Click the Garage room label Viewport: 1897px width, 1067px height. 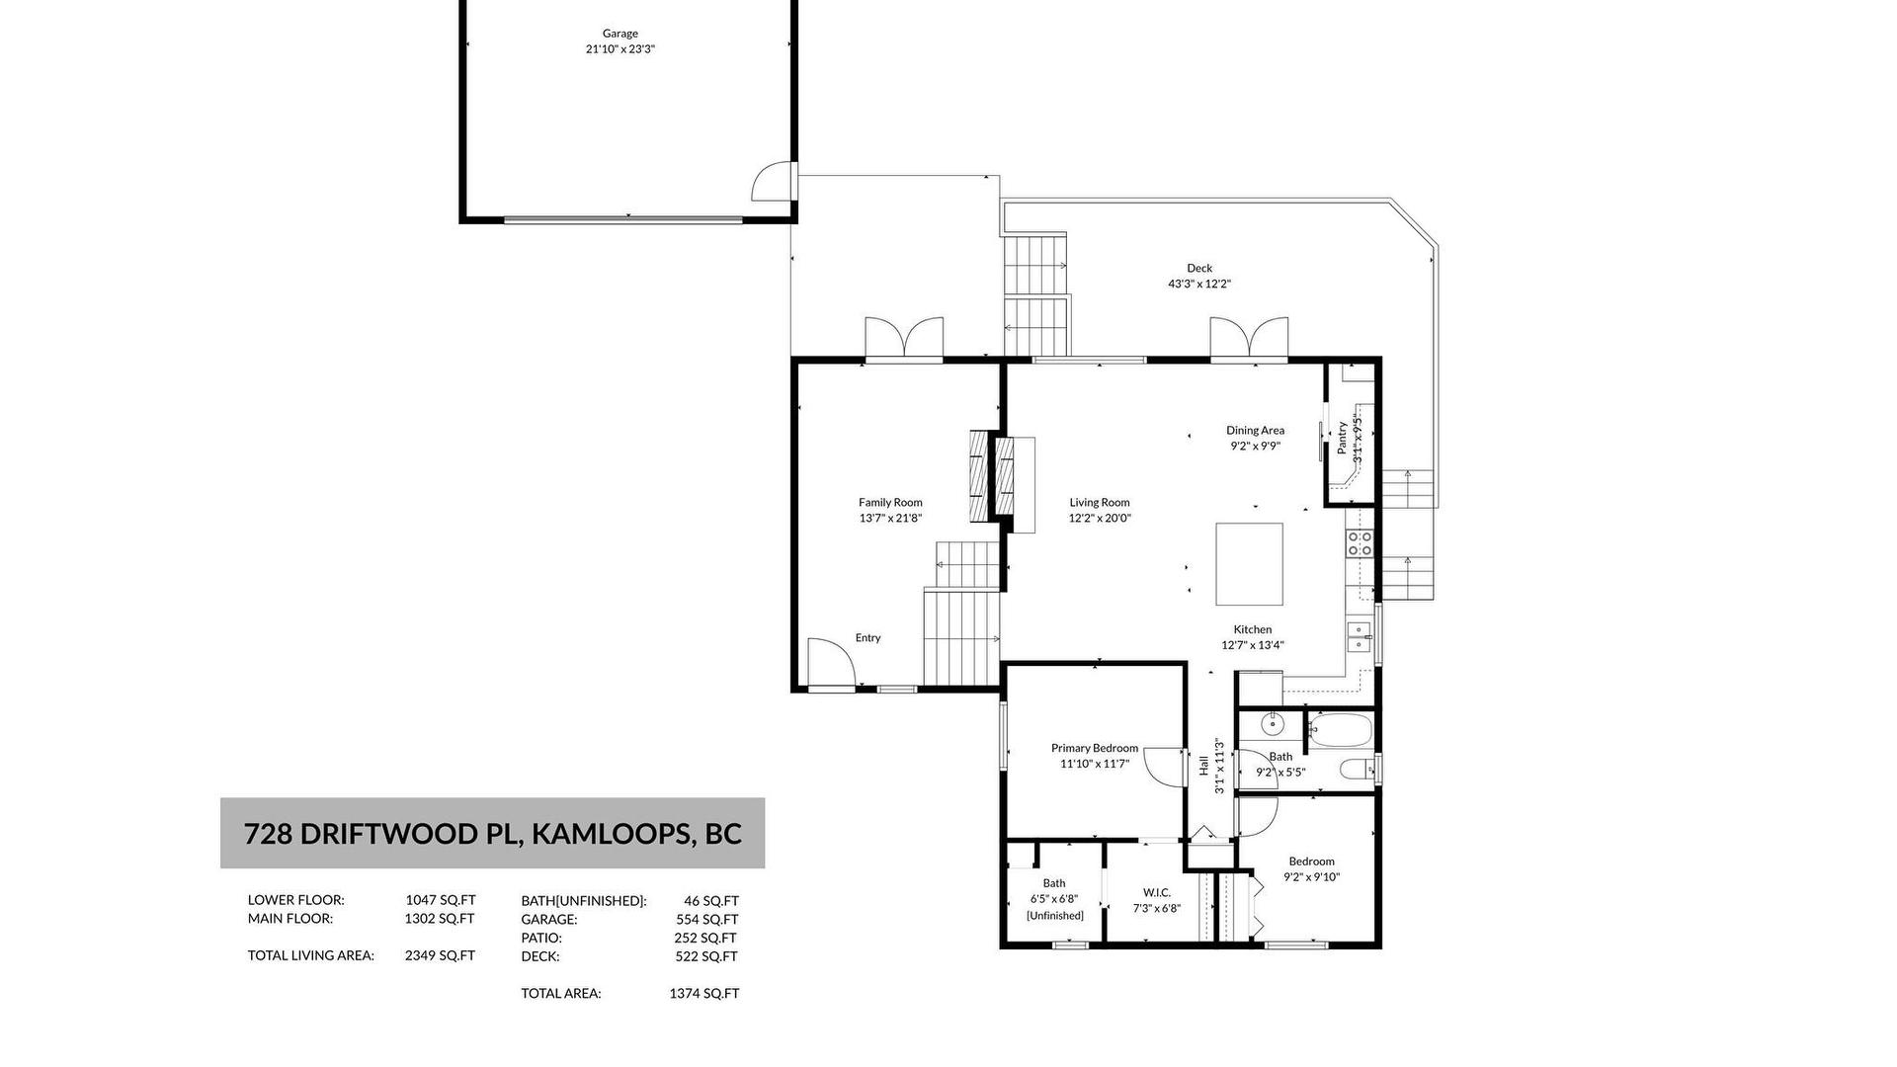(x=620, y=34)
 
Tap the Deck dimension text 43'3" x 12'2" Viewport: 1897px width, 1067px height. (x=1199, y=285)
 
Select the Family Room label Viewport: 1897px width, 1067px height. (x=890, y=502)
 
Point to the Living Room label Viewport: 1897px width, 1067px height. (x=1100, y=502)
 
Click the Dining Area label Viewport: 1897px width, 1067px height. (x=1256, y=430)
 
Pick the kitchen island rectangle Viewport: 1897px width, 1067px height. (x=1249, y=564)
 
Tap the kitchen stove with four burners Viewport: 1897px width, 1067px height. (x=1360, y=544)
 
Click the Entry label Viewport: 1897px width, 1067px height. (x=867, y=638)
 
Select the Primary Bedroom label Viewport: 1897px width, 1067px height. (x=1095, y=748)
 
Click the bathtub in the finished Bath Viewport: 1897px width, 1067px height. (x=1341, y=731)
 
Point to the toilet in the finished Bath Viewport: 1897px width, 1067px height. (x=1355, y=769)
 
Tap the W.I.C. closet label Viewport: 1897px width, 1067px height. (x=1157, y=893)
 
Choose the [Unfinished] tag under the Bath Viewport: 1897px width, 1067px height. (x=1054, y=916)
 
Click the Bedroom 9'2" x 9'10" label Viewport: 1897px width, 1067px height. (x=1312, y=869)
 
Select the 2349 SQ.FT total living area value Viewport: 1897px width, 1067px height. (x=440, y=955)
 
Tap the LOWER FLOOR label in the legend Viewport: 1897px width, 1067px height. (x=295, y=900)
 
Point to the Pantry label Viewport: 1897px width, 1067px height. (x=1342, y=438)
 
